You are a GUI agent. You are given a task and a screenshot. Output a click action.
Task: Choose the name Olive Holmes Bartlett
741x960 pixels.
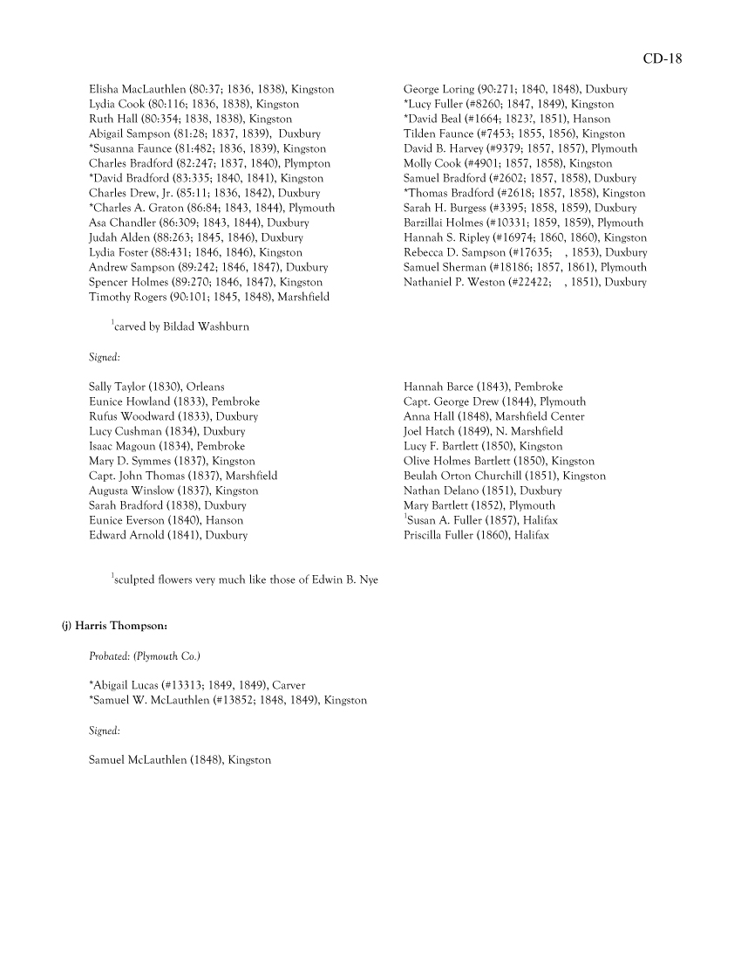(453, 461)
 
